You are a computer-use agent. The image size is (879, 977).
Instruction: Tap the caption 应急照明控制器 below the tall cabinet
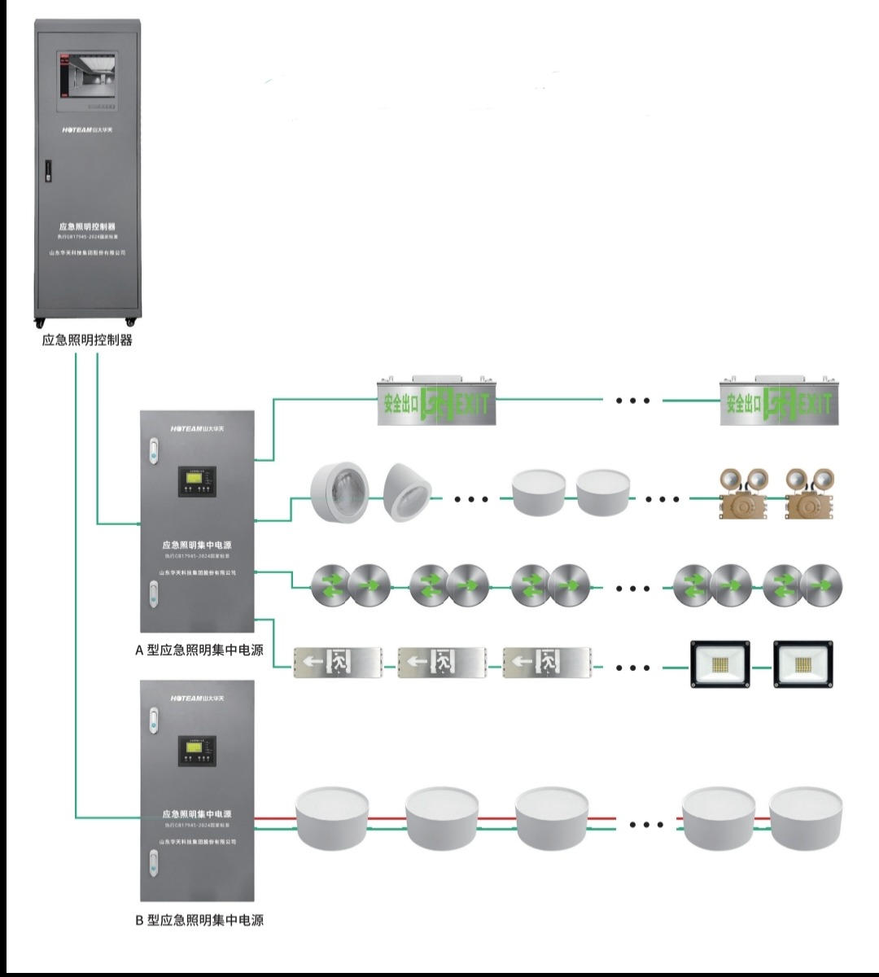click(87, 340)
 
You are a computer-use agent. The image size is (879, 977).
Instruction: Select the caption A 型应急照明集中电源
click(199, 650)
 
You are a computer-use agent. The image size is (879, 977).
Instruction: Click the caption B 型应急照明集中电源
click(199, 920)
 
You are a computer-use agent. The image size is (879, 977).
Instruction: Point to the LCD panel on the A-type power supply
click(198, 480)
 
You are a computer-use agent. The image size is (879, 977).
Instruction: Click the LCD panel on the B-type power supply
click(198, 750)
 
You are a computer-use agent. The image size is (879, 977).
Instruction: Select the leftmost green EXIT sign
click(435, 401)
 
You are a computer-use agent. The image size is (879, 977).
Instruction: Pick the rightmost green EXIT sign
click(778, 401)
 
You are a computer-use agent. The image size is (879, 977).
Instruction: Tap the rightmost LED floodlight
click(803, 665)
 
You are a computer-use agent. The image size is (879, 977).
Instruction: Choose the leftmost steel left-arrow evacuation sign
click(338, 663)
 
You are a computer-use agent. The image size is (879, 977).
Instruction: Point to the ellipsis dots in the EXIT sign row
click(632, 401)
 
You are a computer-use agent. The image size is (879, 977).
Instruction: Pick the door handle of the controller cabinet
click(47, 172)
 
